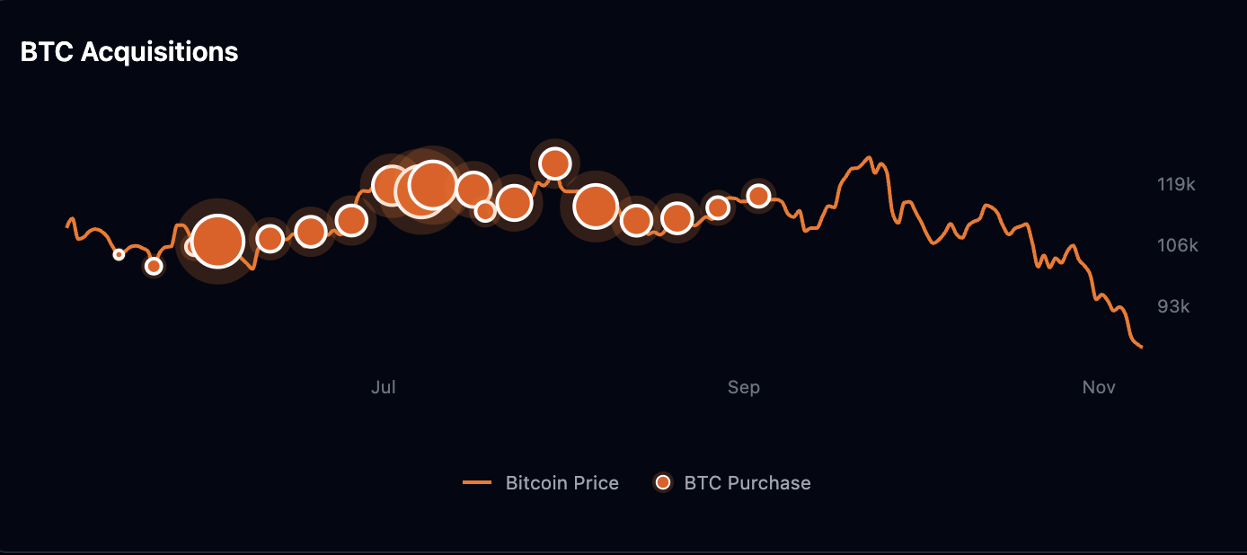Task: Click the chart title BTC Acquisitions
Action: pos(129,52)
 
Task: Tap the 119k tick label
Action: pos(1176,184)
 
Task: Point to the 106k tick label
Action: pos(1176,245)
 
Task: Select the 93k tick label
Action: pos(1173,306)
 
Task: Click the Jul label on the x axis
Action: pos(384,387)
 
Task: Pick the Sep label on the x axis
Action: pos(744,387)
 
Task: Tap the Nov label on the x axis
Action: pos(1099,387)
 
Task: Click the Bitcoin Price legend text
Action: pos(562,483)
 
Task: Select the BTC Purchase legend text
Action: pos(747,483)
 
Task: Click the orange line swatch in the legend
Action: pos(477,483)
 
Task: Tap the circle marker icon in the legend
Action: pos(663,483)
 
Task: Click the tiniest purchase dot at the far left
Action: pos(119,255)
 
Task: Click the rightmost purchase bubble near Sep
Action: pos(758,196)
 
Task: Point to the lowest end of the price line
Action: pos(1141,347)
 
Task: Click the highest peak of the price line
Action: pos(868,157)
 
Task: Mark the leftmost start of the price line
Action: pos(67,225)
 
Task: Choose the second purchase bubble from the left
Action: pos(154,266)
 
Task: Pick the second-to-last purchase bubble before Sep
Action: pos(717,207)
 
